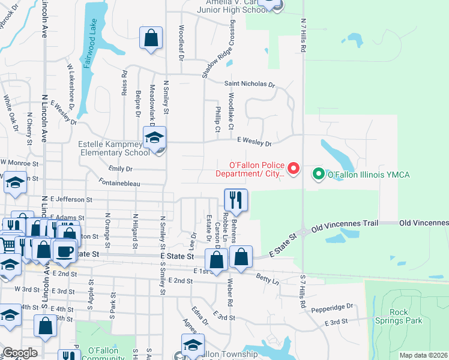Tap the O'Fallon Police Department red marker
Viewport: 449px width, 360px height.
pyautogui.click(x=294, y=169)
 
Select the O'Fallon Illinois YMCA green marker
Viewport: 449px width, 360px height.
pyautogui.click(x=318, y=175)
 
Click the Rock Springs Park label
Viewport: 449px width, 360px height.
pyautogui.click(x=406, y=316)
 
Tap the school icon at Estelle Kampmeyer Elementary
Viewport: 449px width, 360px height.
pyautogui.click(x=154, y=139)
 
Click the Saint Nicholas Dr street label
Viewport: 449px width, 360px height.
pyautogui.click(x=249, y=85)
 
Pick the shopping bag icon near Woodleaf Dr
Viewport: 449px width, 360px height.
pyautogui.click(x=151, y=38)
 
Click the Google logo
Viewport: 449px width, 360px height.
pyautogui.click(x=19, y=353)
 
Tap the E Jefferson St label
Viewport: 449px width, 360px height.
pyautogui.click(x=71, y=199)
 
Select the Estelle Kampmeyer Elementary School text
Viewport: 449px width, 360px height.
pyautogui.click(x=114, y=148)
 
